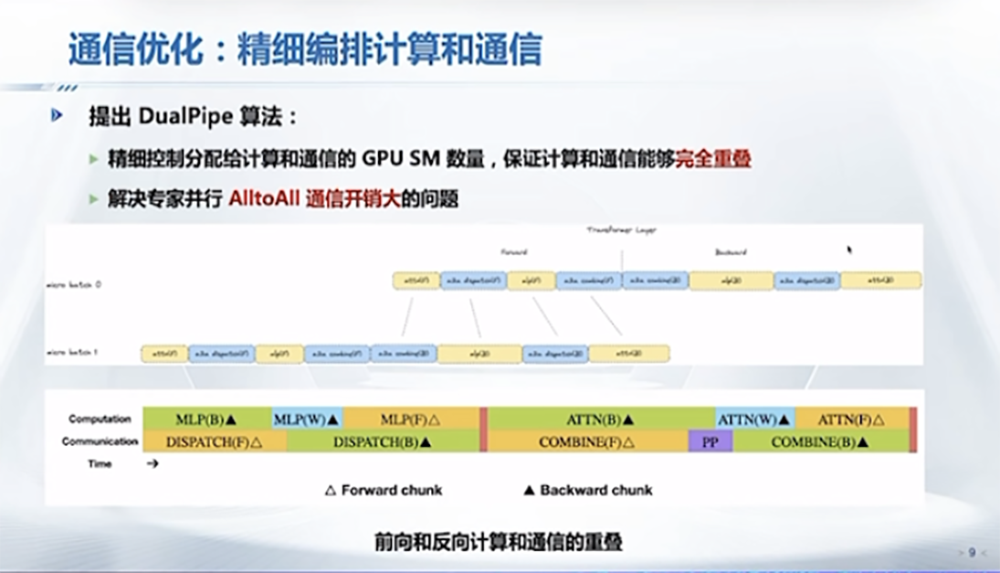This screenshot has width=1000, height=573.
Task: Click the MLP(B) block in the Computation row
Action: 206,419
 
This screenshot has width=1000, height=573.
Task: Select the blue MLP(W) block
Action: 307,419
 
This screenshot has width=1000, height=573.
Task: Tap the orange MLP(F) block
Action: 411,419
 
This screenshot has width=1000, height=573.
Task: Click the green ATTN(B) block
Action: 601,419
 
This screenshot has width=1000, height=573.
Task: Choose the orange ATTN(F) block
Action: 853,419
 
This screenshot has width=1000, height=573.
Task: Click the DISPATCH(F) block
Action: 214,441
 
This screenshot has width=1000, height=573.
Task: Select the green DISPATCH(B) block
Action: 383,441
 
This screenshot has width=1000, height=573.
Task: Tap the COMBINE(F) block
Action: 587,441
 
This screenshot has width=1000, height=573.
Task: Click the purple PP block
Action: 710,441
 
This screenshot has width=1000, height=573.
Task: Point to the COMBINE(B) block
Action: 820,441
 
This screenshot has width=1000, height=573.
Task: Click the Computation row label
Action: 100,419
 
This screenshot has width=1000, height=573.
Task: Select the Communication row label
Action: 100,441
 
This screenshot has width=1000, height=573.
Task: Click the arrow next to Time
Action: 152,464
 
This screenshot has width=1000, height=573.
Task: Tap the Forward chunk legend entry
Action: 384,490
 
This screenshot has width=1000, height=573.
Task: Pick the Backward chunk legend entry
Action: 588,490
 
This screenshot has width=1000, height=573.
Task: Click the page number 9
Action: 972,551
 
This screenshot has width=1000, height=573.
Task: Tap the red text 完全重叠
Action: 713,159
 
